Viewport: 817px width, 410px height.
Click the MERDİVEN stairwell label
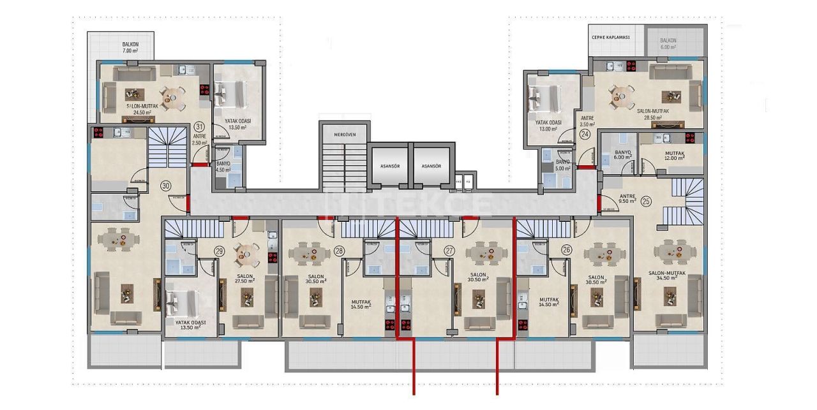pos(344,135)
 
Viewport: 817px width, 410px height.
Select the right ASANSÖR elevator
pos(431,166)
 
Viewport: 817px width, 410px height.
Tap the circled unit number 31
pos(200,126)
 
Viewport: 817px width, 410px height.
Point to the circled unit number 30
pos(166,186)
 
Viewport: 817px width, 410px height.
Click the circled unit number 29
pos(220,251)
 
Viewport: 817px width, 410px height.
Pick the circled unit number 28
pos(339,251)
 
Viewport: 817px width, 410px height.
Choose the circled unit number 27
pos(449,251)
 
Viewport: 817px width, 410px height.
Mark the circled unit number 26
pos(566,251)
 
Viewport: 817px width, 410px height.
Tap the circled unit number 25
pos(646,201)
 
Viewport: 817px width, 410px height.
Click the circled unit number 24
pos(585,135)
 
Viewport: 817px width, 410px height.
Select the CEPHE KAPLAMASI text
pos(611,38)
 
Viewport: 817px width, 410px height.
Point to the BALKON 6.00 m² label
pos(668,43)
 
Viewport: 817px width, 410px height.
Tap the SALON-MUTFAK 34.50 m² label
pos(667,276)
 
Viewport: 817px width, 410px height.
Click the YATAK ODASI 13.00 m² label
pos(548,126)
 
